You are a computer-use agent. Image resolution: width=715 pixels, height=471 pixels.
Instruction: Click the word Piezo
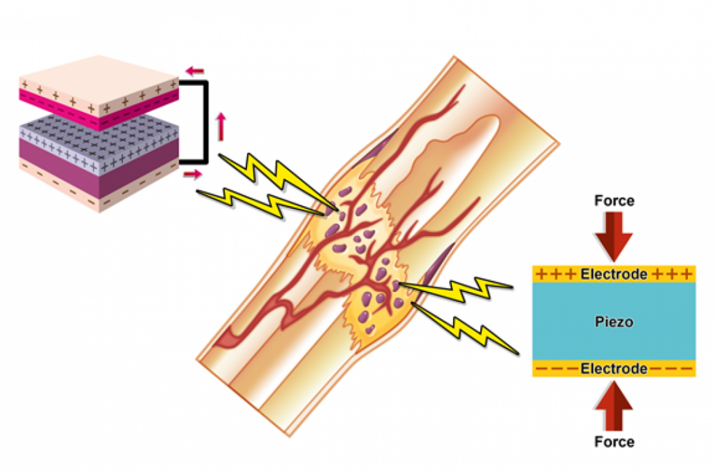coord(614,321)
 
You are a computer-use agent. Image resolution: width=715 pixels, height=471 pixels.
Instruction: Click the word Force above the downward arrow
coord(614,201)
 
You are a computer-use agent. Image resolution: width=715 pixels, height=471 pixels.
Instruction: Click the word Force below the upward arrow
coord(614,442)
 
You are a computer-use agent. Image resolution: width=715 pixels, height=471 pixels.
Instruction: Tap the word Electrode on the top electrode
coord(614,274)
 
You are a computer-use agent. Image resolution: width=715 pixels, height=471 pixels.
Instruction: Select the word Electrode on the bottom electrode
coord(614,368)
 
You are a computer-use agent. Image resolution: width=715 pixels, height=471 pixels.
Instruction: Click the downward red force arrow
coord(614,235)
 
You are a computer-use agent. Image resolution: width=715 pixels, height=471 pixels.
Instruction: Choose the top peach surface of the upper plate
coord(98,73)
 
